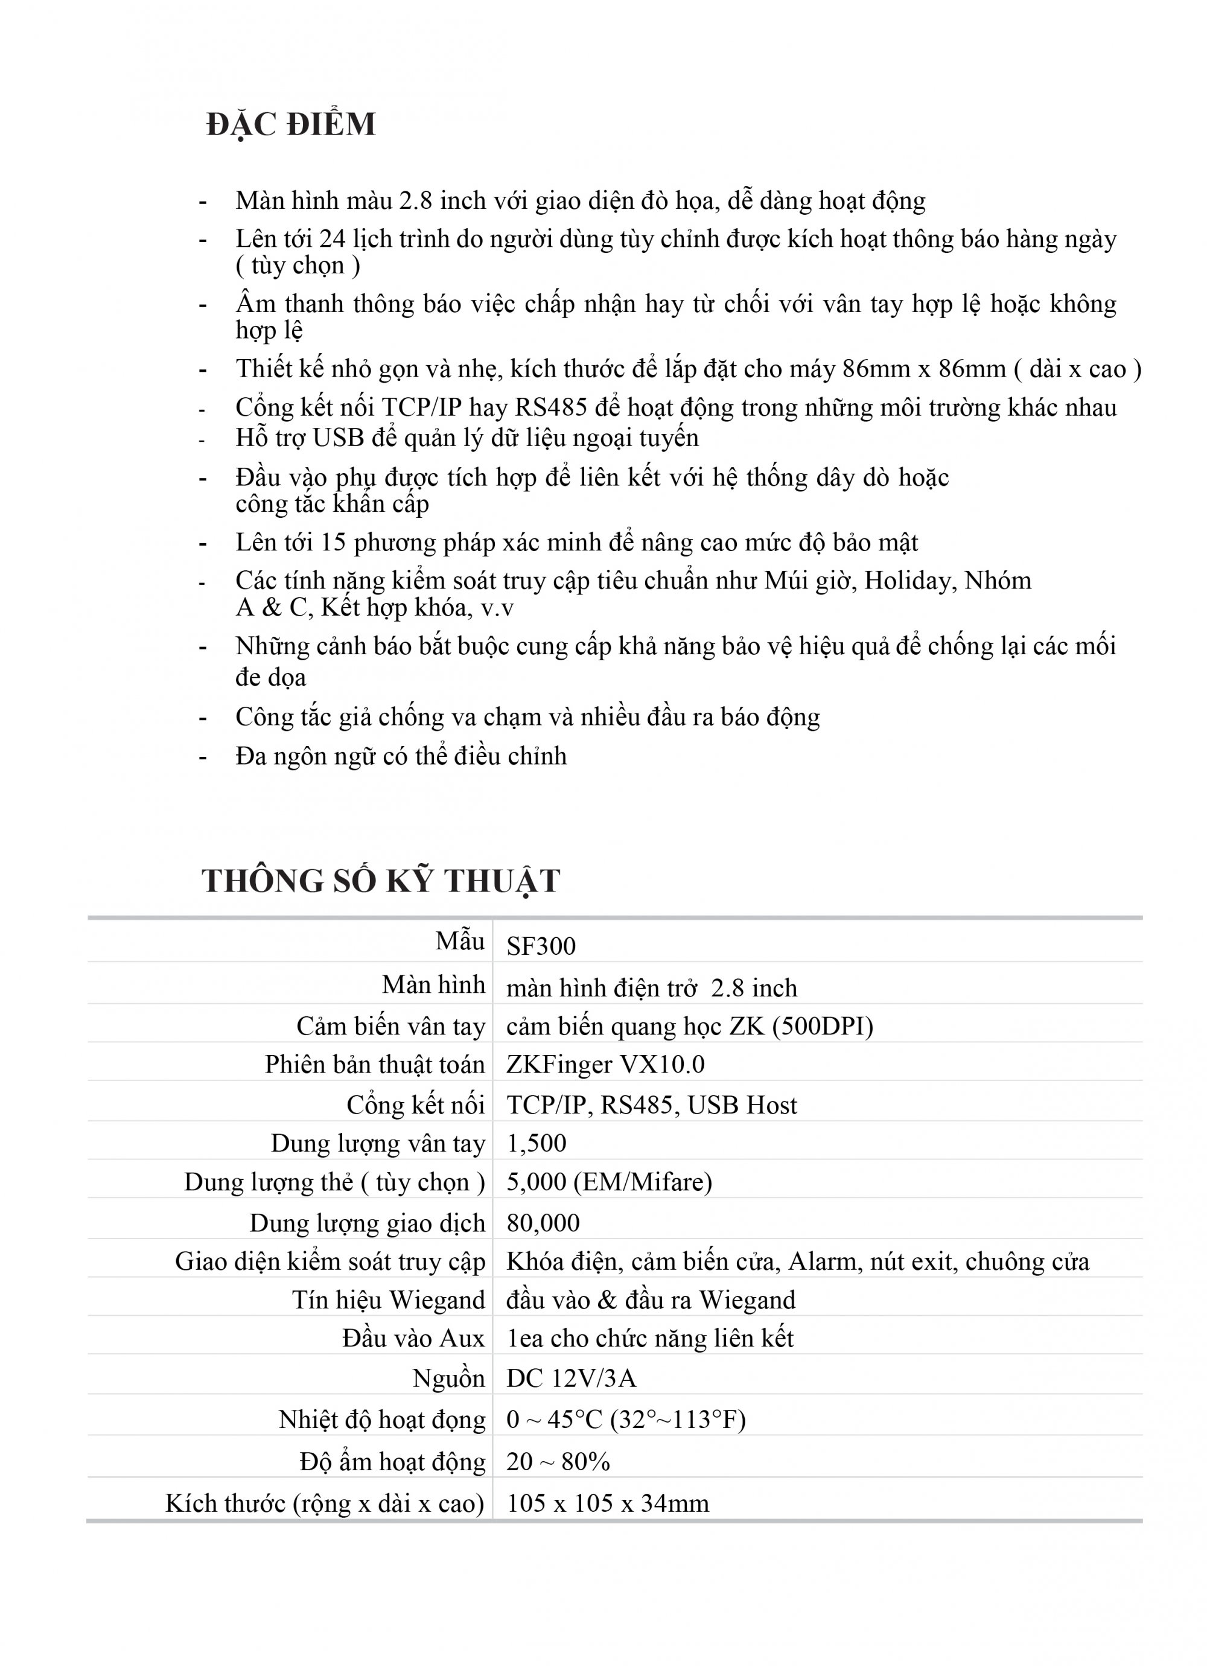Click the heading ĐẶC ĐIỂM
click(291, 124)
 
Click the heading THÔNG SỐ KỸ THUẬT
click(381, 881)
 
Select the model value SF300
click(541, 946)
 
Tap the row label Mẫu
click(459, 942)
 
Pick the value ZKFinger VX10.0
click(605, 1064)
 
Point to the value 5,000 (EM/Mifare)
click(609, 1182)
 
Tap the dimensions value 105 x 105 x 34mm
click(608, 1503)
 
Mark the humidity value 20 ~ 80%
click(558, 1462)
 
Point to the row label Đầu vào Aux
click(413, 1339)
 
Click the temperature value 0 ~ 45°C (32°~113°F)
click(626, 1419)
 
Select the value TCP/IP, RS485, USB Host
click(652, 1105)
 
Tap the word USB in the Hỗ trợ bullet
click(338, 438)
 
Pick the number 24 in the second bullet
click(332, 240)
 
